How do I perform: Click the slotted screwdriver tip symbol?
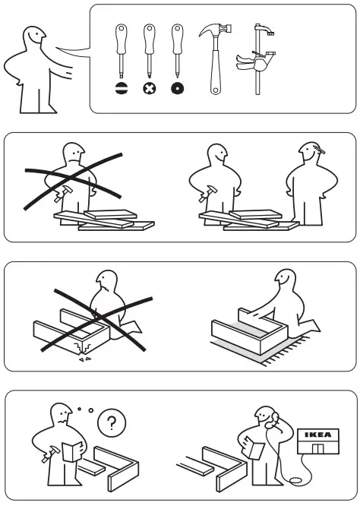click(122, 88)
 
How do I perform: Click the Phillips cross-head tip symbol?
click(150, 88)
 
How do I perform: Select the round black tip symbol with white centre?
click(178, 88)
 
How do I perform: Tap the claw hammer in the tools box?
click(215, 58)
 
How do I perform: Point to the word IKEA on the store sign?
click(317, 435)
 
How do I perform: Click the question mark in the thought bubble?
click(112, 422)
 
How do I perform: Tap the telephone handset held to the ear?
click(273, 419)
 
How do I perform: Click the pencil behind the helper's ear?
click(319, 150)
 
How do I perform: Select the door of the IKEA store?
click(317, 448)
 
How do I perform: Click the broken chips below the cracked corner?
click(85, 359)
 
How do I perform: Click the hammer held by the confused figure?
click(51, 454)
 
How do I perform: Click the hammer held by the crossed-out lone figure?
click(63, 194)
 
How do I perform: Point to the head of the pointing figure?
click(33, 38)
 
